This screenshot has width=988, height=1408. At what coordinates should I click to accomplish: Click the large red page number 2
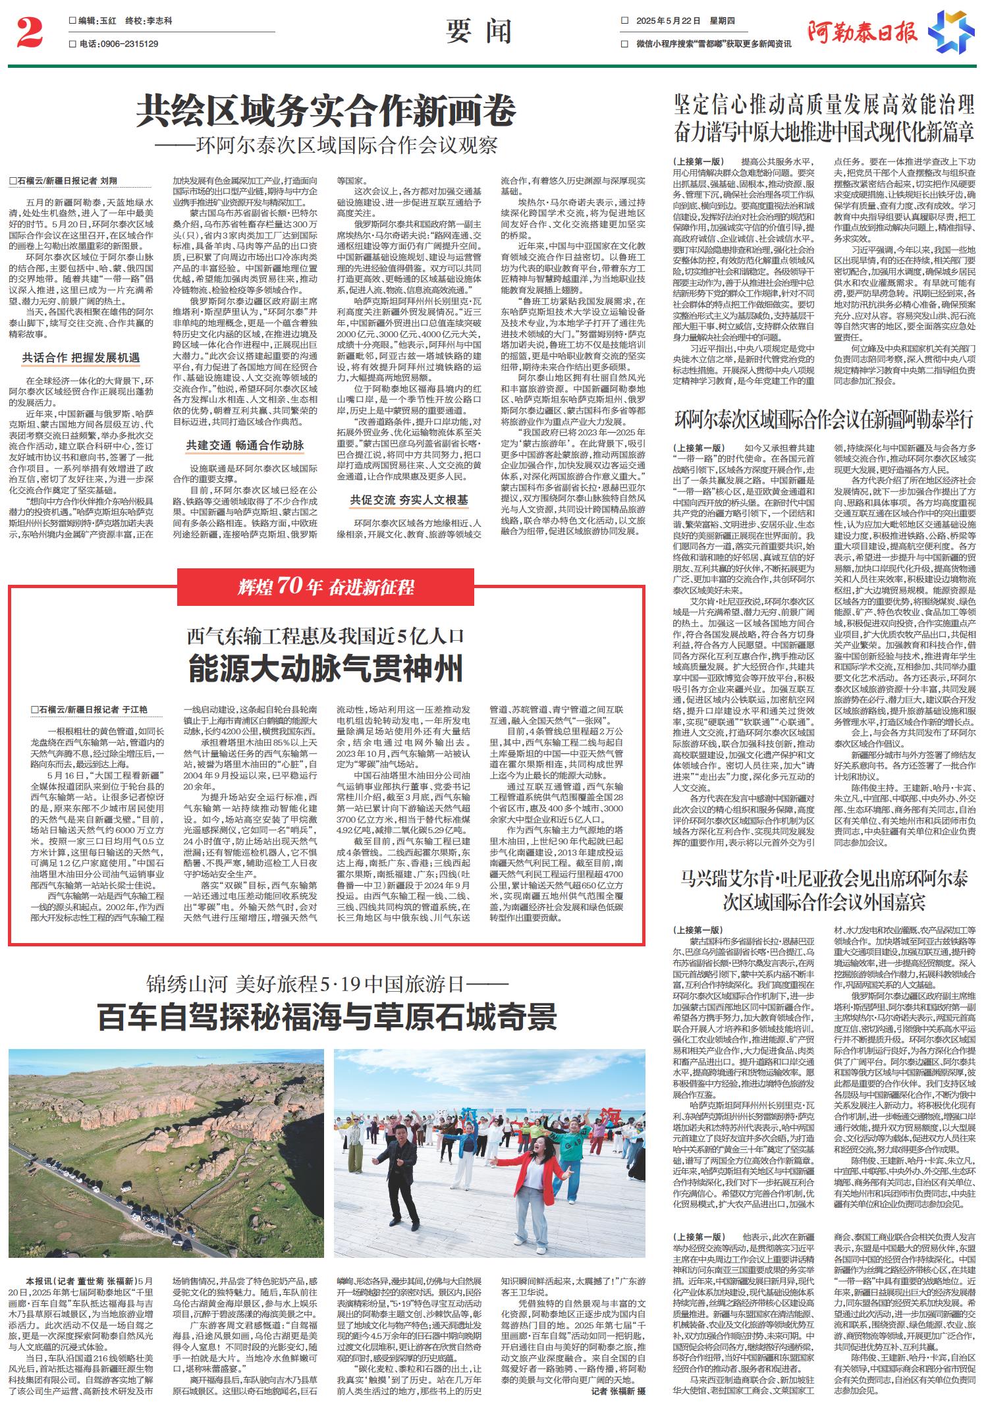(29, 33)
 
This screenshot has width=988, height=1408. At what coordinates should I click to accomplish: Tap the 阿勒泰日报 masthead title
(862, 32)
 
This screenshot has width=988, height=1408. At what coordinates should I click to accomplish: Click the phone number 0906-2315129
(119, 44)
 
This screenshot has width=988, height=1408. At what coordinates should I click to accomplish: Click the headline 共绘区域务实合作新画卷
(326, 110)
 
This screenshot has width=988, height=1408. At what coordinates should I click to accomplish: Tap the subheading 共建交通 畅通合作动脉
(244, 446)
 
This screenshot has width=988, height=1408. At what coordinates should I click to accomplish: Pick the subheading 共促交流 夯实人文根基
(408, 501)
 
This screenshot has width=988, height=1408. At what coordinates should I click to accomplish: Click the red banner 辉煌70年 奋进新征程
(326, 585)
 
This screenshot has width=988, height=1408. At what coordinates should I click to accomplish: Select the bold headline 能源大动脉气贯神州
(326, 668)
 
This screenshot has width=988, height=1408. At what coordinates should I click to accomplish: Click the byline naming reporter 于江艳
(89, 709)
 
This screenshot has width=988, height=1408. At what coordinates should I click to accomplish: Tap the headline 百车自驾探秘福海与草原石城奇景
(327, 1017)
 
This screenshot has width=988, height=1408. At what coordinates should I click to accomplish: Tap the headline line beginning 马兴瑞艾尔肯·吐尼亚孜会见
(824, 878)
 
